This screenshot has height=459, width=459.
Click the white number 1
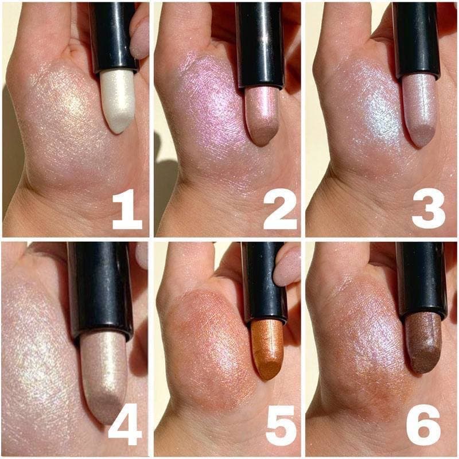pos(127,209)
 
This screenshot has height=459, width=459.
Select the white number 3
pos(428,208)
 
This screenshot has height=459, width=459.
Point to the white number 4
pos(125,424)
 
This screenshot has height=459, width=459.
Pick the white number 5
pos(280,425)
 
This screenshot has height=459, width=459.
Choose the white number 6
pos(423,425)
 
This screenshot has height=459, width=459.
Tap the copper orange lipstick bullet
pos(268,349)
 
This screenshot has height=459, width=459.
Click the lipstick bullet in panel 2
pos(262,116)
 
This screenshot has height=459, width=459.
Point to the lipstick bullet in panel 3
pos(419,111)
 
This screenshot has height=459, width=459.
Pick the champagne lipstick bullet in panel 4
pos(104,377)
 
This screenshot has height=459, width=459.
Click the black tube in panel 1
pos(112,37)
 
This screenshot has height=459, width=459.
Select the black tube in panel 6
pos(422,280)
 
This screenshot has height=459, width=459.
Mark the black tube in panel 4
pos(99,290)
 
